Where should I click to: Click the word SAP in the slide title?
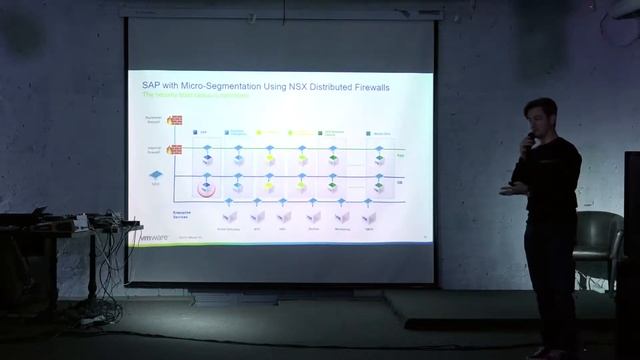152,88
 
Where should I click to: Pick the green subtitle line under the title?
196,97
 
